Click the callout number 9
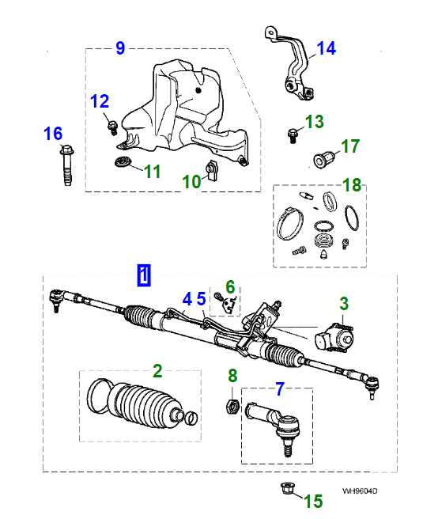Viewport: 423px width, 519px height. (x=120, y=48)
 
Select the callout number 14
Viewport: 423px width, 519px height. (x=327, y=49)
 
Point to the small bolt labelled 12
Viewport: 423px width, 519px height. (x=111, y=123)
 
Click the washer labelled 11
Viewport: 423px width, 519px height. (x=122, y=163)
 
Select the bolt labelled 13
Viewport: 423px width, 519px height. (x=293, y=134)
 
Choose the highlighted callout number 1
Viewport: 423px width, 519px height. (x=144, y=275)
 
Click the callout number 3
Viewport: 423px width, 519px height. (x=344, y=303)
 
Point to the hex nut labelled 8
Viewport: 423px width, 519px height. (x=232, y=407)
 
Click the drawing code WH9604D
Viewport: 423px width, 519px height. (x=360, y=491)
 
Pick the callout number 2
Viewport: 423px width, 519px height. (x=157, y=369)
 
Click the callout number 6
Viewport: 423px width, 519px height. (x=230, y=286)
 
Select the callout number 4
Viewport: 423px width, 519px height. (x=187, y=299)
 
